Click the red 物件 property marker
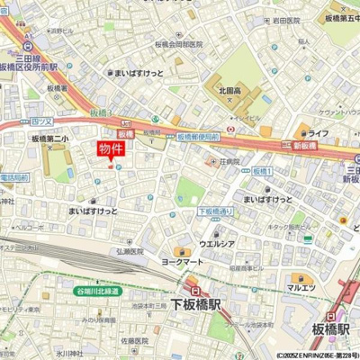pyautogui.click(x=111, y=150)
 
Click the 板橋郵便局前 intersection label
pyautogui.click(x=198, y=136)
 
